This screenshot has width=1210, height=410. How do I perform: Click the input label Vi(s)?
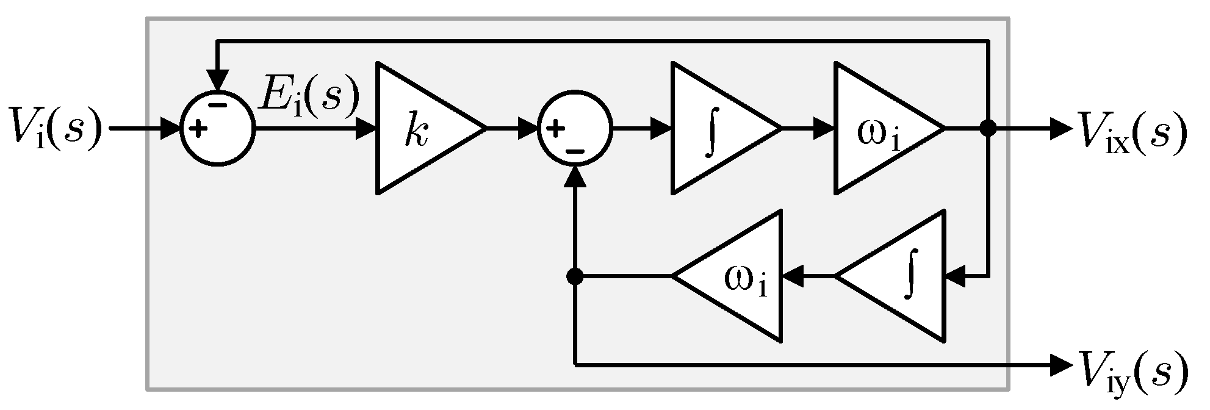coord(54,130)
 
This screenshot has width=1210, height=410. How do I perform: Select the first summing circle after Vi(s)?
coord(218,129)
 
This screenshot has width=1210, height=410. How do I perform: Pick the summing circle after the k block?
coord(574,129)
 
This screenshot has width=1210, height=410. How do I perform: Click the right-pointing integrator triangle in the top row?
coord(714,129)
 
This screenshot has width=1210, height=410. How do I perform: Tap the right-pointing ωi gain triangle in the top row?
coord(879,129)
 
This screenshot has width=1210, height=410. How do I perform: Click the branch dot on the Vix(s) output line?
coord(987,129)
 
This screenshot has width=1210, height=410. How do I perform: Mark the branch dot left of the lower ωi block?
coord(574,276)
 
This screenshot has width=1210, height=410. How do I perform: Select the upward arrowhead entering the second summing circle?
coord(574,176)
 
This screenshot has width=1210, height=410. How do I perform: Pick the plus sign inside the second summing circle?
coord(554,129)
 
